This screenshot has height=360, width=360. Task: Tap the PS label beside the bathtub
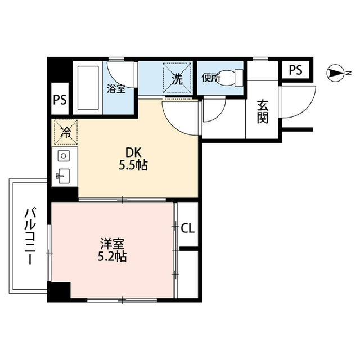coord(60,100)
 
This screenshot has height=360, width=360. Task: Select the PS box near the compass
coord(295,70)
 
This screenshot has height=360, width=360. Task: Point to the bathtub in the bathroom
coord(87,88)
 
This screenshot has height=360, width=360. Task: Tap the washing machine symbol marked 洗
coord(177,79)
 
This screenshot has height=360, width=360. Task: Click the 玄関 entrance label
coord(262,111)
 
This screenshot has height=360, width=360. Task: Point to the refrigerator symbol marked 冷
coord(65,133)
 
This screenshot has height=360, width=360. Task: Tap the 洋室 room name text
coord(112,244)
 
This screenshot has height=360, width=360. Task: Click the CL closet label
coord(188,228)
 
